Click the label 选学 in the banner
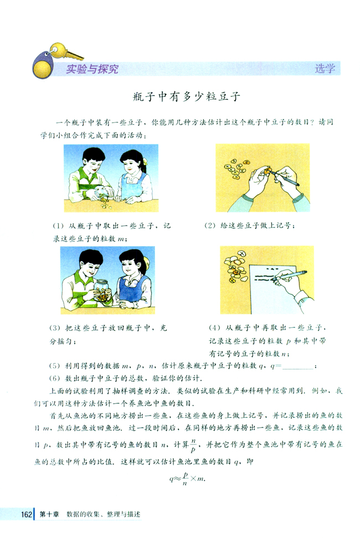coord(325,69)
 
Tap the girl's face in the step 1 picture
coord(128,162)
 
